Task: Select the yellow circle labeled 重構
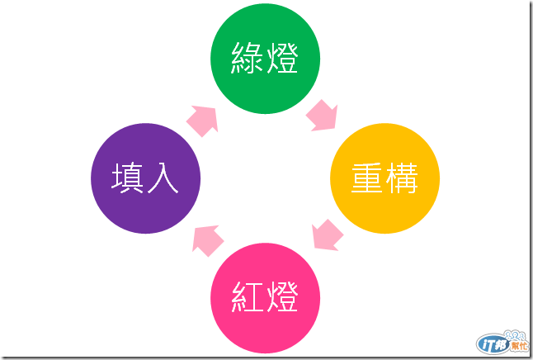(x=384, y=178)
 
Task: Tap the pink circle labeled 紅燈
(x=265, y=297)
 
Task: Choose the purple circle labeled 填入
(x=145, y=178)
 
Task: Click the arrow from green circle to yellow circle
(x=322, y=116)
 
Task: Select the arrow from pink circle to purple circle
(x=207, y=240)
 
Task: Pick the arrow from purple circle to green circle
(x=203, y=121)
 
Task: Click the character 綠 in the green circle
(x=247, y=59)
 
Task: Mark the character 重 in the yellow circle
(x=366, y=179)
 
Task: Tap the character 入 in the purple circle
(x=163, y=179)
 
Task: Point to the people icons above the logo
(x=505, y=332)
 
